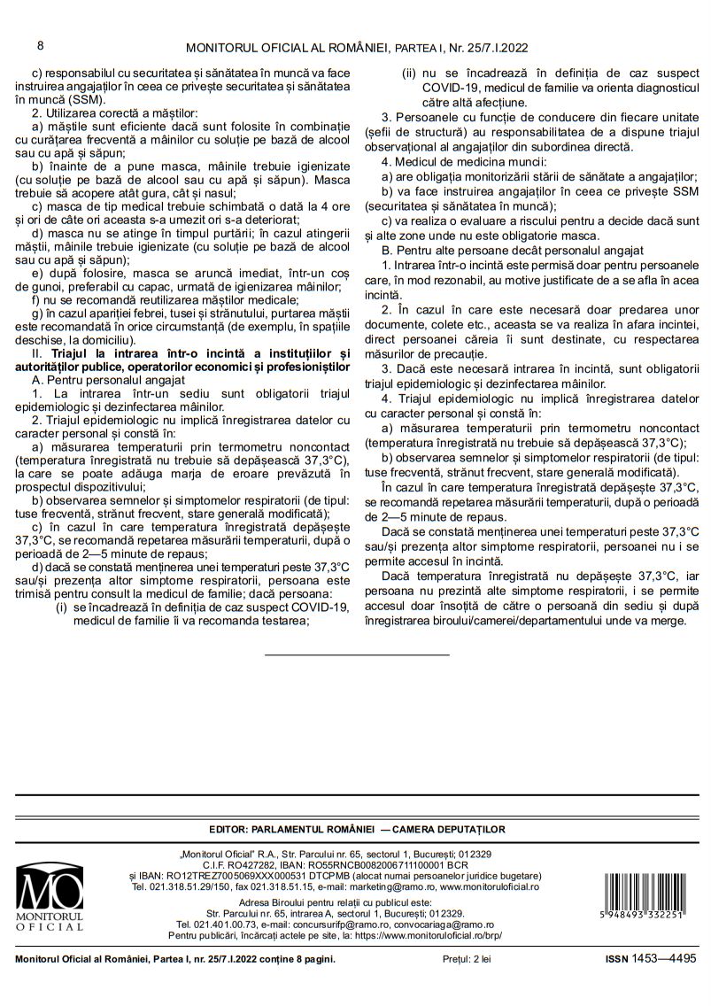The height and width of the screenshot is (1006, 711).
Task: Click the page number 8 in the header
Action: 40,45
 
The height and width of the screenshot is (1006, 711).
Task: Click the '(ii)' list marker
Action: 410,75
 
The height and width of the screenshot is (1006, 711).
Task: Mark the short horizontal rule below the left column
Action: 357,654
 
